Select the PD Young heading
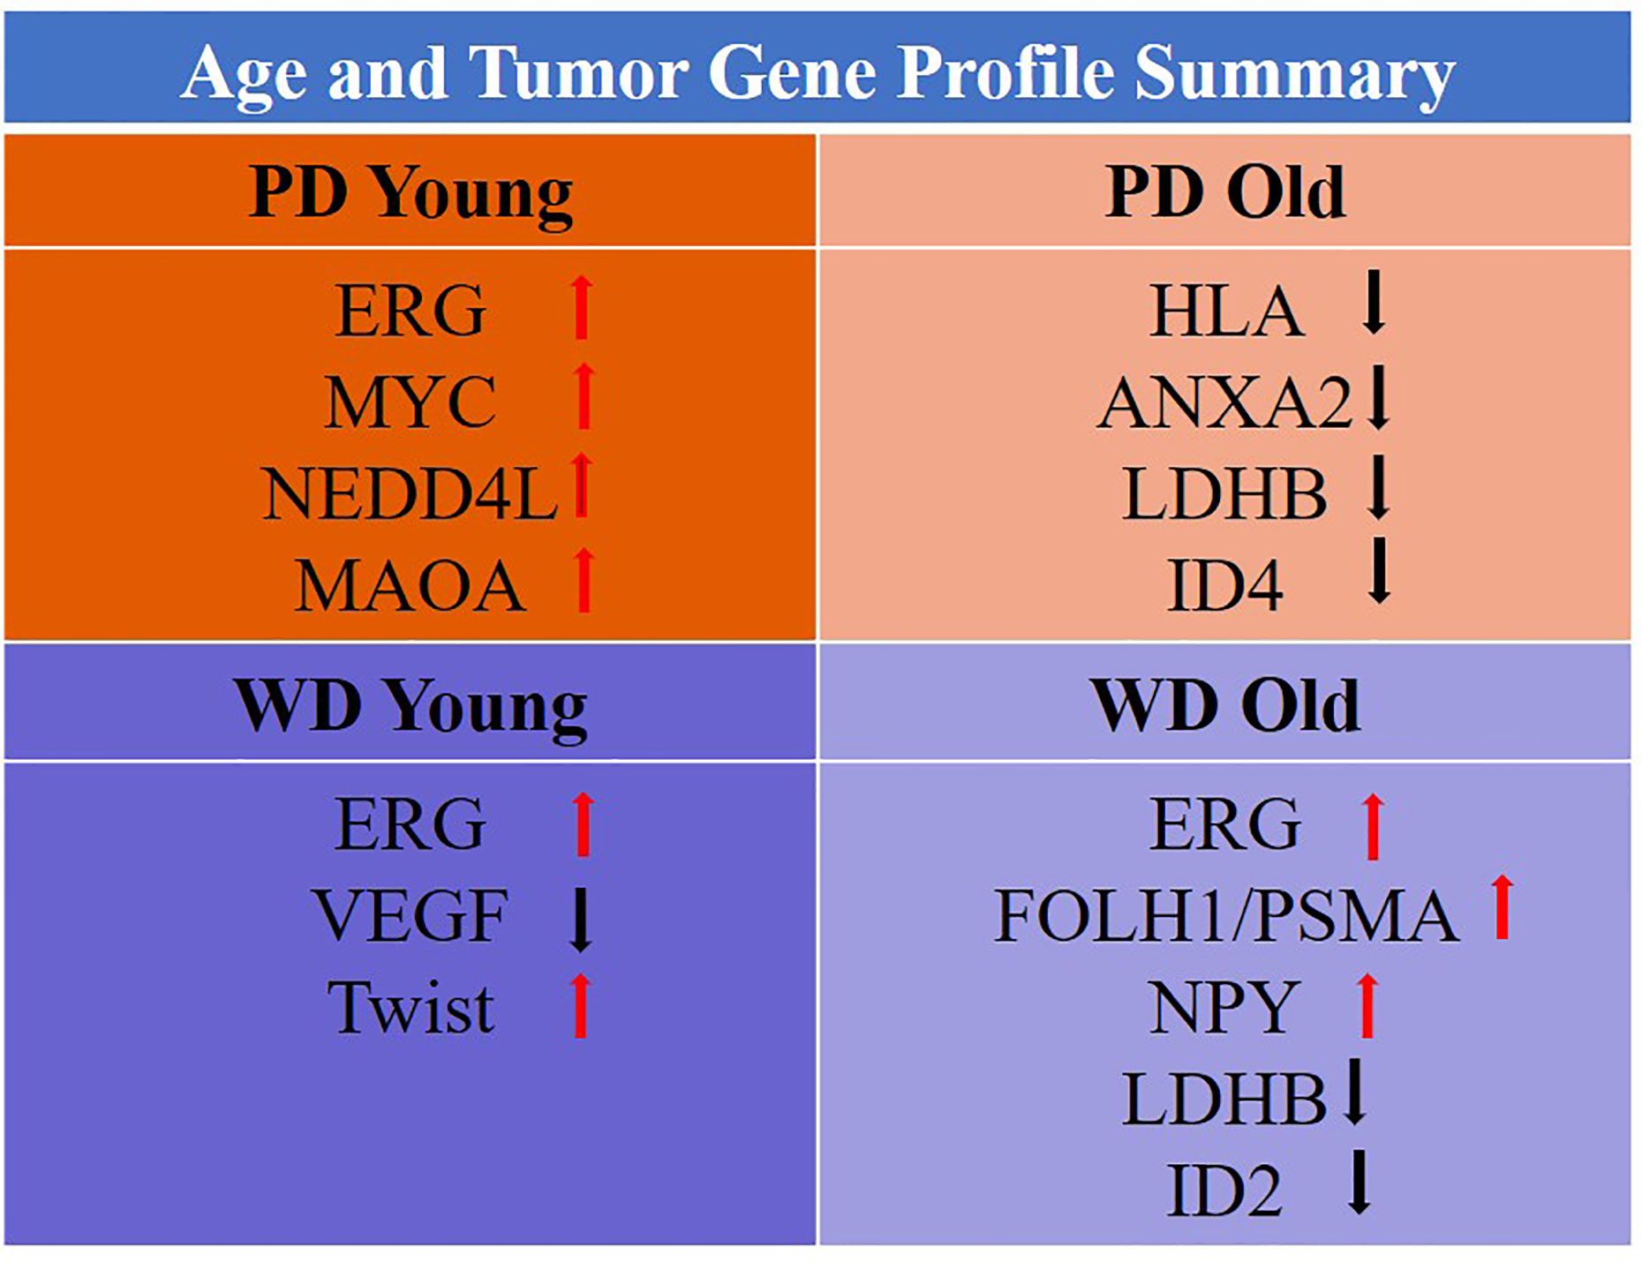[410, 194]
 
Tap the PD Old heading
[1225, 191]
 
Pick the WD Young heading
[410, 708]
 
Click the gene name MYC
[410, 402]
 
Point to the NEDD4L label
[410, 493]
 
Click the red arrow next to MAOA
[584, 580]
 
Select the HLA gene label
[1226, 311]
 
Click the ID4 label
[1225, 584]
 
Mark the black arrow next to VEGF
[580, 920]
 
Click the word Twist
[410, 1008]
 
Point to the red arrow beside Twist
[580, 1005]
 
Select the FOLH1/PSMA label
[1226, 916]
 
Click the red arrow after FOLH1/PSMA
[1502, 906]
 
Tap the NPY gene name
[1224, 1007]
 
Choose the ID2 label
[1224, 1191]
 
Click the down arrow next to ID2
[1360, 1182]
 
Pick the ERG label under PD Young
[410, 311]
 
